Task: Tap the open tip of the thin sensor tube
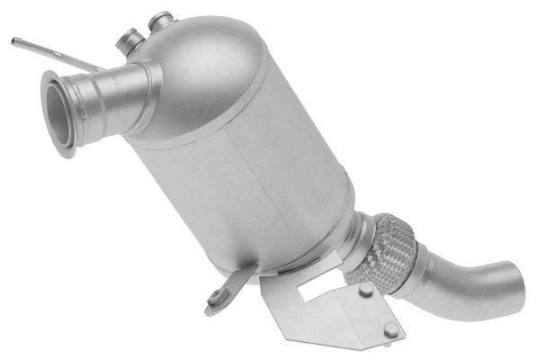click(x=15, y=40)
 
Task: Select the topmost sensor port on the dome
click(x=161, y=19)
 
